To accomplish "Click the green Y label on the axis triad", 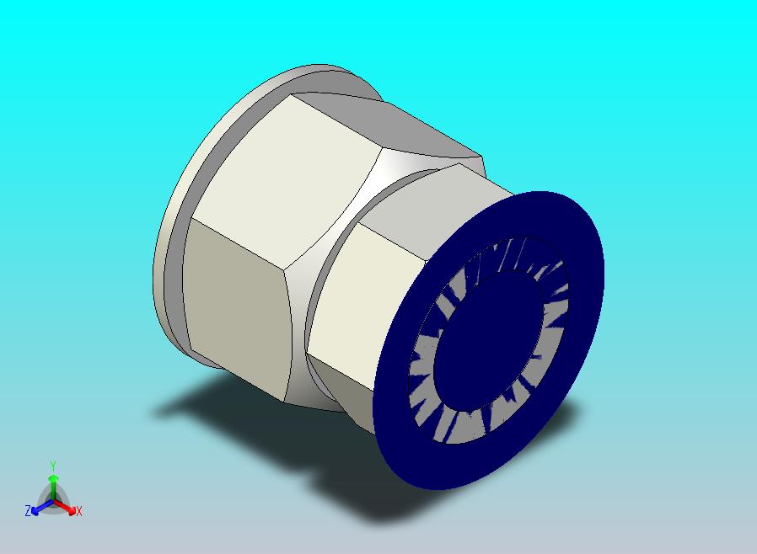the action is click(x=53, y=466).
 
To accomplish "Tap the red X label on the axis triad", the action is click(x=79, y=511).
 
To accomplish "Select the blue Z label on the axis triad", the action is click(x=28, y=510).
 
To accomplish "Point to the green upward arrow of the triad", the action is click(x=53, y=487).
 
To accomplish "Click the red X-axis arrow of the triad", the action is click(x=65, y=507).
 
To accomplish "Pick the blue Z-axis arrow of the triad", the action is click(x=42, y=507).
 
